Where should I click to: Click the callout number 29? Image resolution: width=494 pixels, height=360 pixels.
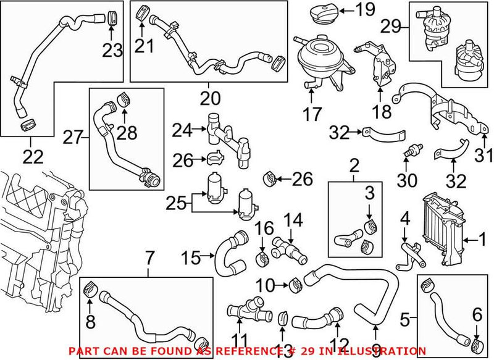pyautogui.click(x=390, y=27)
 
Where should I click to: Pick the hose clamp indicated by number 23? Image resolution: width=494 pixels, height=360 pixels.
pyautogui.click(x=112, y=17)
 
